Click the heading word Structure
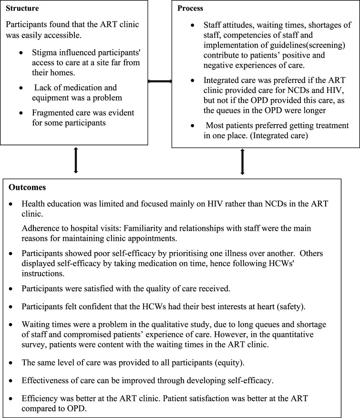pyautogui.click(x=21, y=9)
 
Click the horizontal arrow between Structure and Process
pyautogui.click(x=160, y=82)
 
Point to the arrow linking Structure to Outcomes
pyautogui.click(x=75, y=161)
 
